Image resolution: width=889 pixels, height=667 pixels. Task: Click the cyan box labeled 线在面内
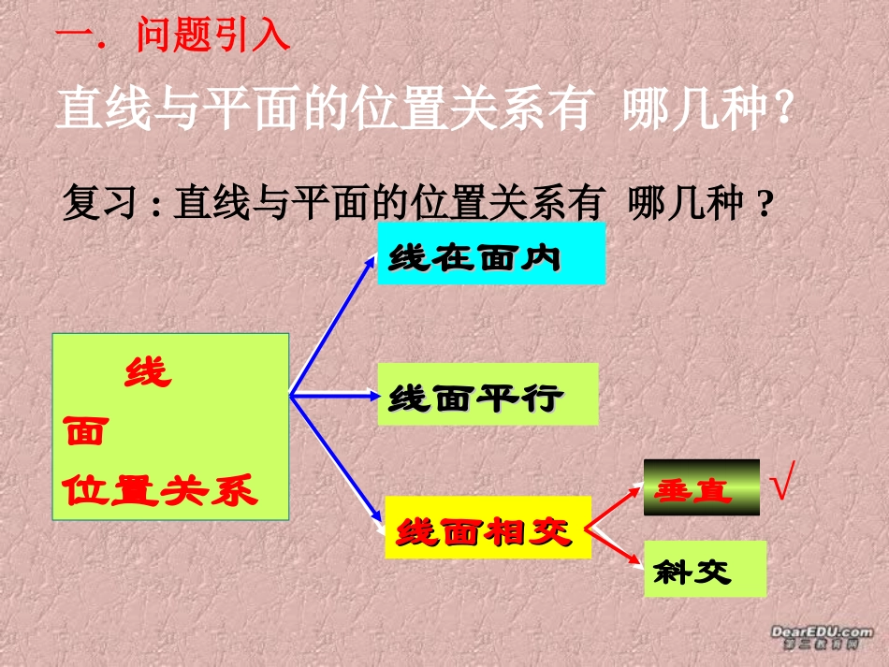point(490,254)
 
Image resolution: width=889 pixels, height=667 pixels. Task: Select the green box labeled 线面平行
point(488,394)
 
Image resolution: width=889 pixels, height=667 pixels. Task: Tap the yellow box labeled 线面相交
point(488,529)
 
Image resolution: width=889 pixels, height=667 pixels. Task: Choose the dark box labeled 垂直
point(701,487)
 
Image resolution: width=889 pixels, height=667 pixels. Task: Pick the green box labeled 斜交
point(705,569)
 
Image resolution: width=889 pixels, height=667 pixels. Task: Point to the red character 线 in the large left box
point(148,372)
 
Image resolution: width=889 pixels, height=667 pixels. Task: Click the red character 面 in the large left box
point(86,431)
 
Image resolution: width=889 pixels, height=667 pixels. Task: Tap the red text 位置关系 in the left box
point(160,489)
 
